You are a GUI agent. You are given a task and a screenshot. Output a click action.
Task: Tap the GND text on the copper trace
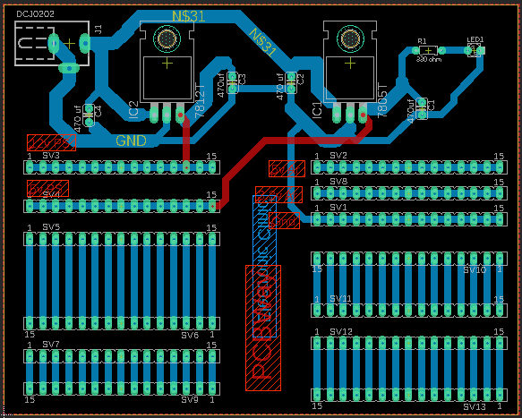pos(133,141)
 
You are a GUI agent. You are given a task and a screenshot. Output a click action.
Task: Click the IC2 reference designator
pos(133,110)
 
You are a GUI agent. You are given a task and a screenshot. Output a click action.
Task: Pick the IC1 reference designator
pos(316,109)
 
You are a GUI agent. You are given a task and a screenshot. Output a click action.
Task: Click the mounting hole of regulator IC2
pos(167,38)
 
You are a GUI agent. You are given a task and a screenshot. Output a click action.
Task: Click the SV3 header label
pos(50,156)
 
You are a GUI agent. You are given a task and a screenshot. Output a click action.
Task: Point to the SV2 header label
pos(338,156)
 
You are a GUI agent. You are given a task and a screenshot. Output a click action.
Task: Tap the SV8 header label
pos(338,182)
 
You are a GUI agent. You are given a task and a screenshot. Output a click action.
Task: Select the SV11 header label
pos(340,298)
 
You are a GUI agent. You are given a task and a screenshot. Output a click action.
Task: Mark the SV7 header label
pos(50,344)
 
